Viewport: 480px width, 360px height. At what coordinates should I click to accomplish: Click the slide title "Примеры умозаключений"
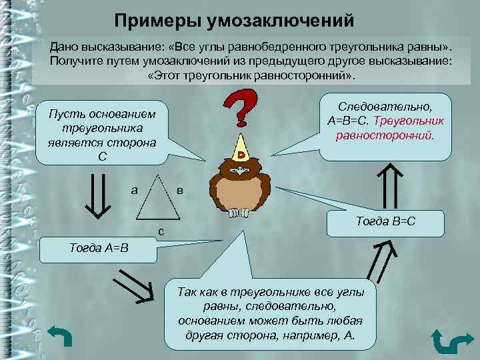tap(233, 20)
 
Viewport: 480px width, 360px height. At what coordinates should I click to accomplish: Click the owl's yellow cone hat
tap(241, 147)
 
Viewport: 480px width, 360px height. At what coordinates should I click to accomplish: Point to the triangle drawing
tap(159, 199)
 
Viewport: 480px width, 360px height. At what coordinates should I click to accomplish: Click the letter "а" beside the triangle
tap(135, 189)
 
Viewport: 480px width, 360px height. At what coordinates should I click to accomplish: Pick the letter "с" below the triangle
tap(161, 231)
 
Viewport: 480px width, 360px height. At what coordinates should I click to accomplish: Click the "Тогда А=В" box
tap(99, 248)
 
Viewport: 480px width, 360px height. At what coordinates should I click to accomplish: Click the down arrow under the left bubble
tap(98, 195)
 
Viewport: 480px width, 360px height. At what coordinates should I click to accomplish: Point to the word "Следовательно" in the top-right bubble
tap(386, 107)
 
